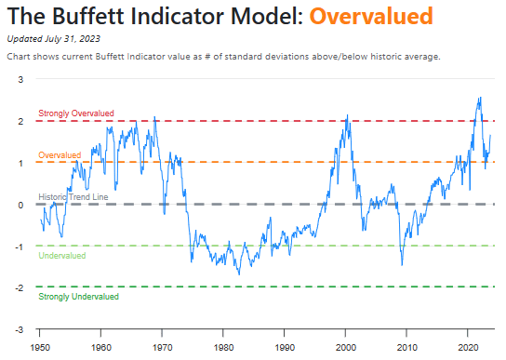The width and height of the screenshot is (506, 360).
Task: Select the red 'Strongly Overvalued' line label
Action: click(75, 113)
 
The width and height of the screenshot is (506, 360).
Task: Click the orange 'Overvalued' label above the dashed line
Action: click(60, 154)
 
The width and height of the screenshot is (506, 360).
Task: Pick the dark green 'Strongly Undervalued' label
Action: click(78, 297)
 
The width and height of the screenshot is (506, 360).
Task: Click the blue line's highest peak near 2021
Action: click(479, 98)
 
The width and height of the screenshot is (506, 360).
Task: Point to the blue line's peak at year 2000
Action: click(347, 116)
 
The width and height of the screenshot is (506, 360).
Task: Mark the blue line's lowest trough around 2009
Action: click(402, 265)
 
